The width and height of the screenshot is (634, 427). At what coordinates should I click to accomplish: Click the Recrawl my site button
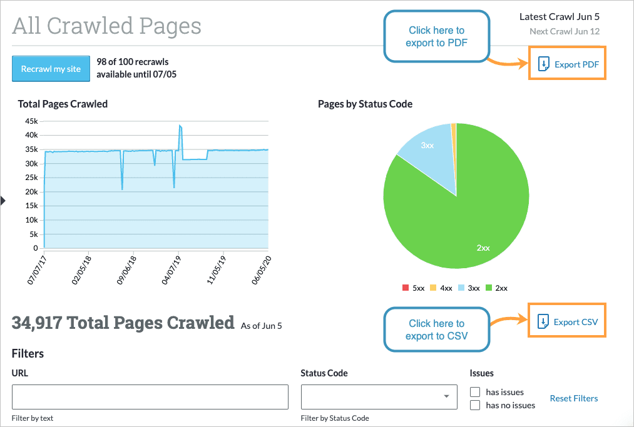click(51, 69)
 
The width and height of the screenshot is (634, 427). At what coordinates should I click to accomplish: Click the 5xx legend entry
click(414, 288)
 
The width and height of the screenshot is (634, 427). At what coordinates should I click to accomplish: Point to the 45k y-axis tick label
click(31, 121)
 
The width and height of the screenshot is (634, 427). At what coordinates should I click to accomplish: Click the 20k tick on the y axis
click(31, 192)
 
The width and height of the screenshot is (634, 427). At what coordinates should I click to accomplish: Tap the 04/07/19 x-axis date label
click(171, 269)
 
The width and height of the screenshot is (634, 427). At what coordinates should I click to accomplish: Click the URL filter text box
click(150, 397)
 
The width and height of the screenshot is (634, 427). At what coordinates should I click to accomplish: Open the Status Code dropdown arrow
click(446, 396)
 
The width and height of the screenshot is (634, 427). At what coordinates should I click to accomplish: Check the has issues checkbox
click(475, 392)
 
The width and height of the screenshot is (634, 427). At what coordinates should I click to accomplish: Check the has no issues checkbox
click(475, 405)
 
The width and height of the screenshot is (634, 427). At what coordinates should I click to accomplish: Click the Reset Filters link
click(573, 398)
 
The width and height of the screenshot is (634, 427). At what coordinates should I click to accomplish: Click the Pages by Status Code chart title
click(365, 104)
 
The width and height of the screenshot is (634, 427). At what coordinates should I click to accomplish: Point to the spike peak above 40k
click(180, 126)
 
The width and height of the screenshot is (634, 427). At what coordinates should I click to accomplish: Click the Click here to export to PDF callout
click(436, 36)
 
